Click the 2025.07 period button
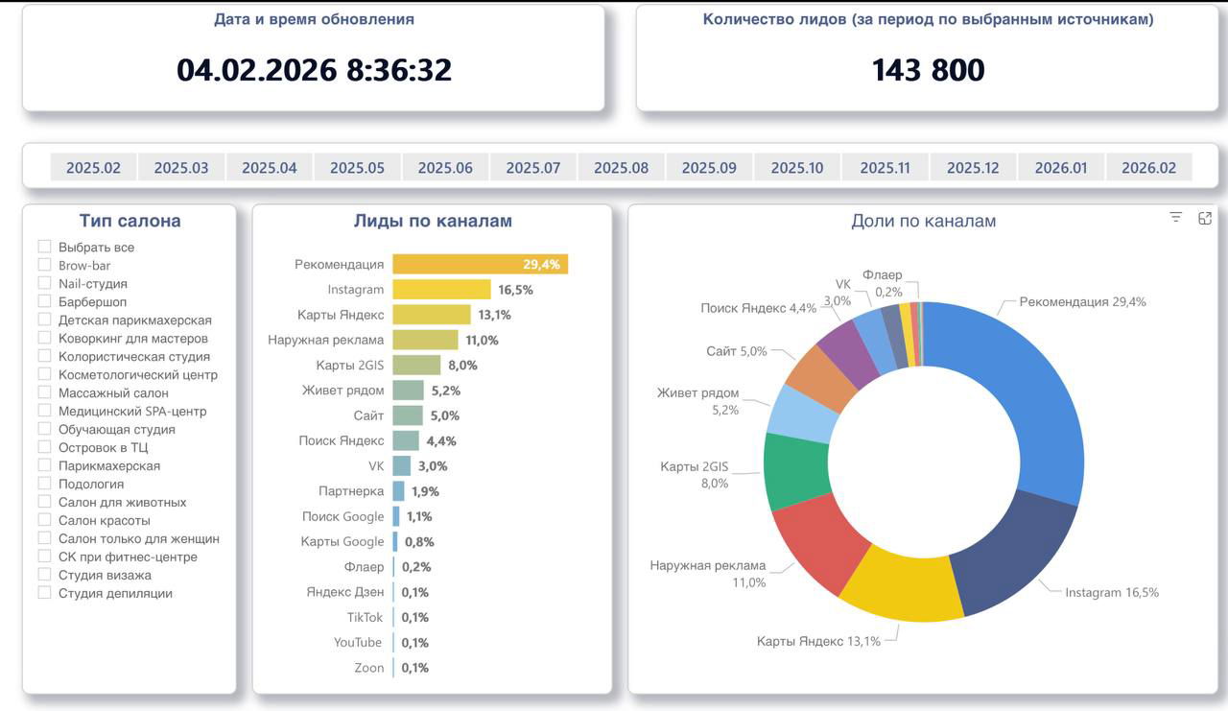[533, 167]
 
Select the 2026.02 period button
[1148, 167]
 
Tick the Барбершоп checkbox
[44, 301]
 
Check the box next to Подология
[44, 484]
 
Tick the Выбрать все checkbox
[44, 247]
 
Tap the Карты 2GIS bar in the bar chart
[416, 365]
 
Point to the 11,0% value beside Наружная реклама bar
[483, 340]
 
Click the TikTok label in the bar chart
[365, 617]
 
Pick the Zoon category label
[368, 668]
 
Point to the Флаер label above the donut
[882, 275]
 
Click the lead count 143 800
[928, 70]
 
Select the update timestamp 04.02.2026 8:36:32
[314, 70]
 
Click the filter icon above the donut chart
[1176, 218]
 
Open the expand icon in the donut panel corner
[1205, 218]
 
